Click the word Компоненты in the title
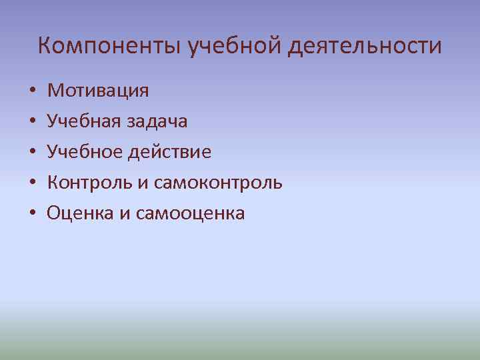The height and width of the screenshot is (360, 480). (x=111, y=46)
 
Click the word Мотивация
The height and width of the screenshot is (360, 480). (x=98, y=90)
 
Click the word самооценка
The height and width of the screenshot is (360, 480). (x=190, y=213)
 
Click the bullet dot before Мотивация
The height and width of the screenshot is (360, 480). (x=32, y=91)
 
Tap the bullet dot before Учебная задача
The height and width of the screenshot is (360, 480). (x=32, y=121)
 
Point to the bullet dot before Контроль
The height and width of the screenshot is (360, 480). (x=32, y=183)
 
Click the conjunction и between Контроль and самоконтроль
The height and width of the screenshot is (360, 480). (x=142, y=183)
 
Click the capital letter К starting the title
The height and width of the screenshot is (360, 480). (x=44, y=46)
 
